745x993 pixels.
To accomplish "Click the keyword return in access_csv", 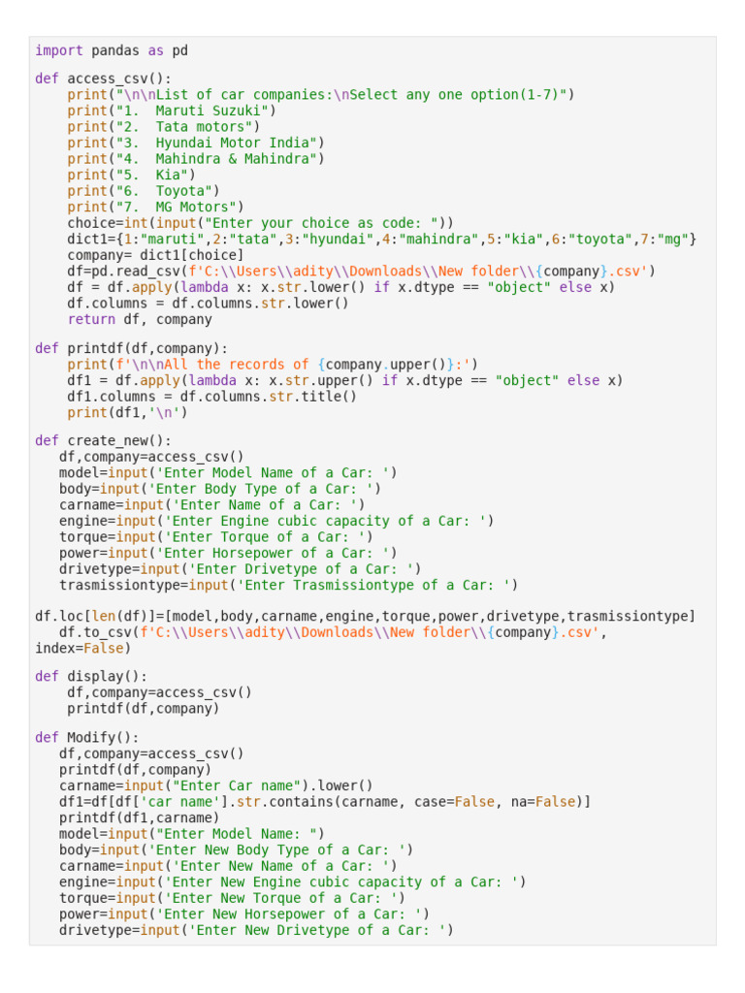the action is point(91,319).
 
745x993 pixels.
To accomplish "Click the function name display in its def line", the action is point(95,676).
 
